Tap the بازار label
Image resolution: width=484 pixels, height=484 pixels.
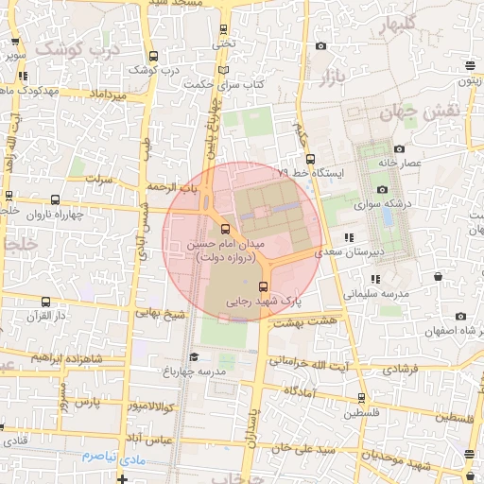331,75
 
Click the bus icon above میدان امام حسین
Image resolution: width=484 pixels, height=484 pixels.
224,229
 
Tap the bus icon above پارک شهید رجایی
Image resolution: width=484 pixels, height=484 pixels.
264,286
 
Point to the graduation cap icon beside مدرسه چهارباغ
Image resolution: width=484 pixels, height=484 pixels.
194,356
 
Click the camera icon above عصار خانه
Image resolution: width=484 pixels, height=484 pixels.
399,149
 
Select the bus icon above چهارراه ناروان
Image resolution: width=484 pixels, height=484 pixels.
55,199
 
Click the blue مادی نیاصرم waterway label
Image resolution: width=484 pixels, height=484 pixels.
111,456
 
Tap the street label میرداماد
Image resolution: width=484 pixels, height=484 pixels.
106,95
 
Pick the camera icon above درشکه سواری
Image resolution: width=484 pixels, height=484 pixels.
383,190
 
